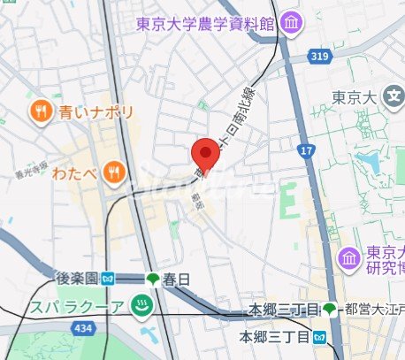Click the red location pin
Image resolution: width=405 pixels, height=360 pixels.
click(206, 156)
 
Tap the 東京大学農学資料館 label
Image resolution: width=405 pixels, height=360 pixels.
click(206, 23)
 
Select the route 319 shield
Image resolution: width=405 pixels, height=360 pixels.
click(321, 57)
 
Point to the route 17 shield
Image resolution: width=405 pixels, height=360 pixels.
click(306, 152)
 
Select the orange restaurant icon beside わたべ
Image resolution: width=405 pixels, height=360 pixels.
click(112, 172)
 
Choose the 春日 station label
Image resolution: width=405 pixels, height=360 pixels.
click(174, 280)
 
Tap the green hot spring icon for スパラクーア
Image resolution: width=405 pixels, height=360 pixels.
click(140, 306)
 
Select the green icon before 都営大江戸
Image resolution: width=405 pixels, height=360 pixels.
click(329, 310)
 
